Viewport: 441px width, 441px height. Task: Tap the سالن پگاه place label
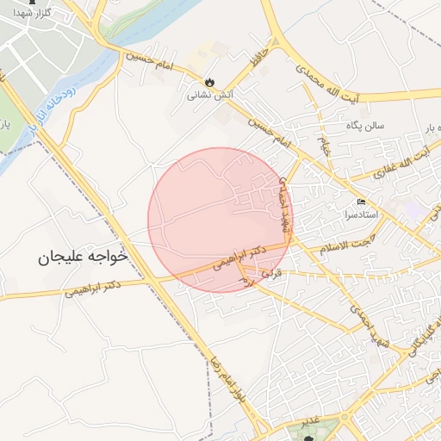point(366,126)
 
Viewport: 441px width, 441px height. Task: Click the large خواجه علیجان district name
point(83,257)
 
